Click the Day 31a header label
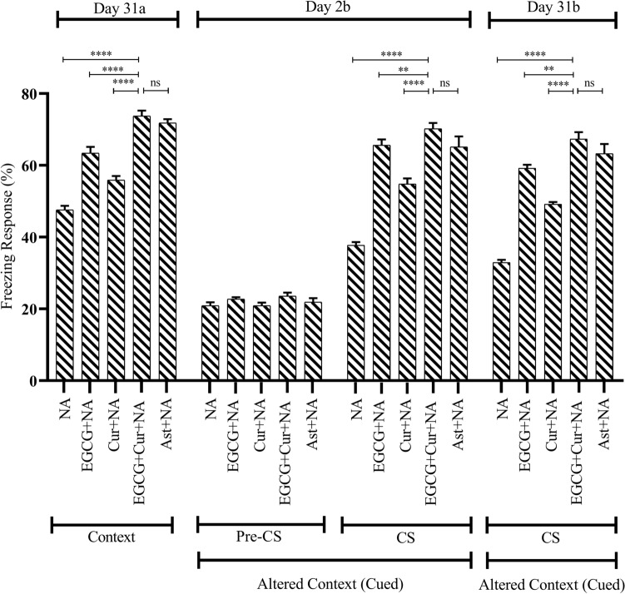[x=117, y=7]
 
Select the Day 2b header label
[x=334, y=7]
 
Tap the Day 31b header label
[x=551, y=7]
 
